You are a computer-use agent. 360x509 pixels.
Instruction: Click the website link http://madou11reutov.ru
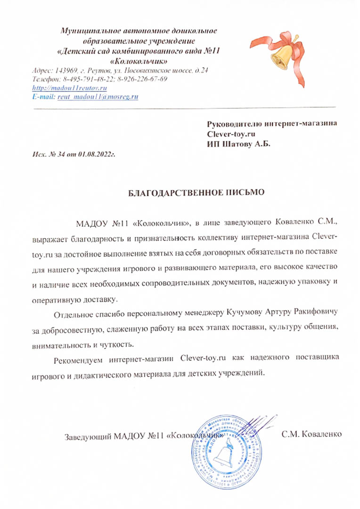[x=69, y=88]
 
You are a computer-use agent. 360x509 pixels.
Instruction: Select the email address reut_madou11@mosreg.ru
[x=98, y=97]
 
